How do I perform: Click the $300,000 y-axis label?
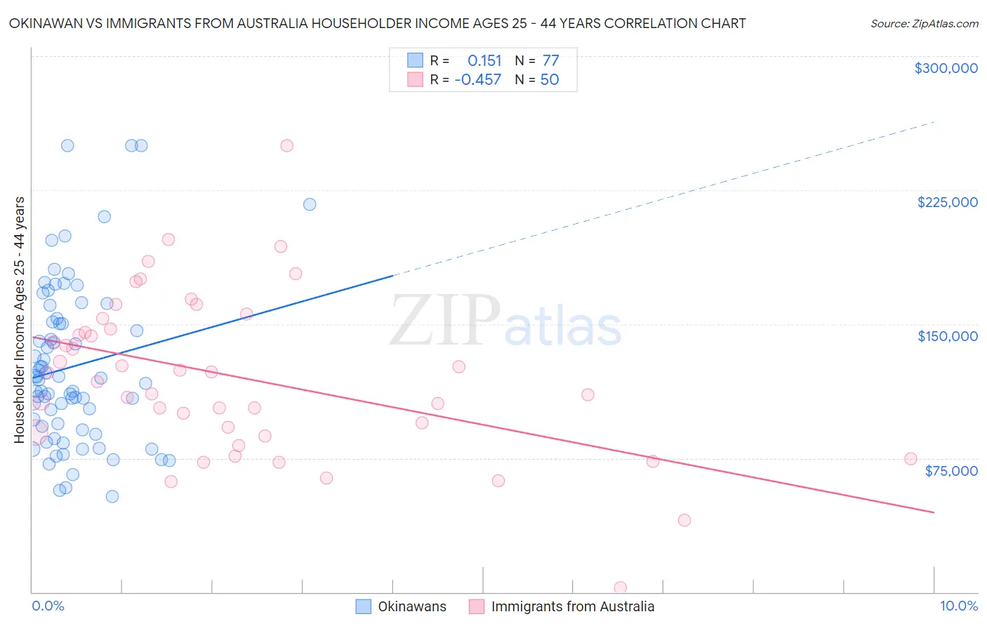point(946,68)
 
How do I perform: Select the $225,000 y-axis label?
point(947,202)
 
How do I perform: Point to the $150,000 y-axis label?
point(947,336)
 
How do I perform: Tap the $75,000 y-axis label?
point(950,470)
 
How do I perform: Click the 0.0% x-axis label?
point(48,606)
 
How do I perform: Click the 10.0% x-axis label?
point(958,606)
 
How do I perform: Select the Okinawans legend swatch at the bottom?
point(363,606)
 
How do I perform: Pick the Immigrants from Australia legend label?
point(572,606)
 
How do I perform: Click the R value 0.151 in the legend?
point(484,61)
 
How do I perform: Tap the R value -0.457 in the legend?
point(477,80)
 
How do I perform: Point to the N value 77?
point(550,61)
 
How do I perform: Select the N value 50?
point(550,80)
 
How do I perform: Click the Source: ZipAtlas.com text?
point(924,24)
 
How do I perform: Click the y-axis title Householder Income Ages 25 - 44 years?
point(19,320)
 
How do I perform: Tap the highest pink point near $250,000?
point(286,146)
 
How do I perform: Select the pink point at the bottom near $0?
point(620,587)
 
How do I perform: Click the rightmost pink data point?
point(910,459)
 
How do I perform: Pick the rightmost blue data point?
point(310,205)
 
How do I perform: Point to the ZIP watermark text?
point(445,321)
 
